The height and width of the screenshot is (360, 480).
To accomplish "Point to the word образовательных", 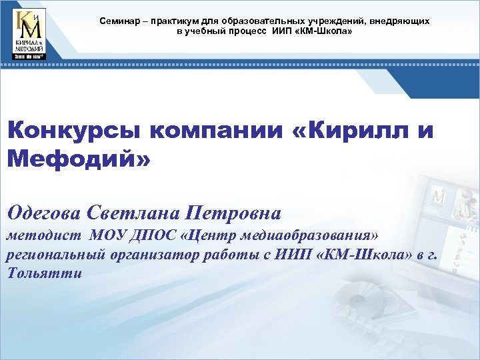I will (x=255, y=21).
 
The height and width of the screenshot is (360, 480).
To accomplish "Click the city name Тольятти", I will (x=45, y=273).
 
